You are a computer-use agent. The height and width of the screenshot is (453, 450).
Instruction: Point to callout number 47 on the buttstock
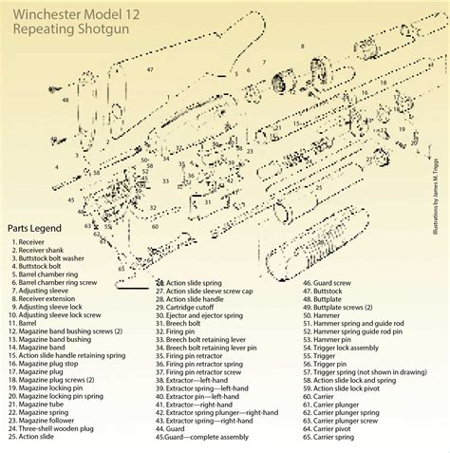pyautogui.click(x=150, y=70)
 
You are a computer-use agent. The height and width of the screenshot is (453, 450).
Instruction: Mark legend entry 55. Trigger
pyautogui.click(x=323, y=356)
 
